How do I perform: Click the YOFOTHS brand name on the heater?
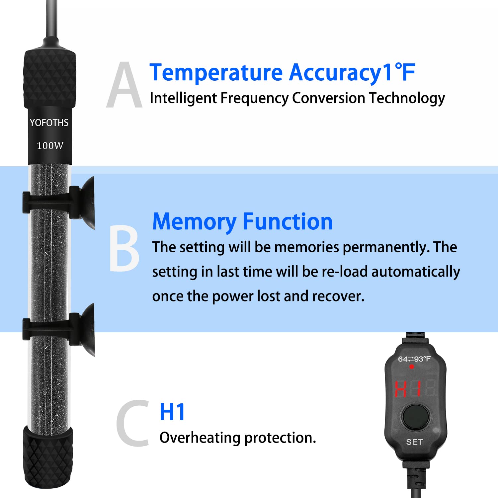tap(49, 123)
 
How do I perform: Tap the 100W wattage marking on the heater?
tap(50, 145)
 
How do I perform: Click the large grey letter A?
tap(124, 86)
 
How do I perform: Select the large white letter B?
tap(124, 248)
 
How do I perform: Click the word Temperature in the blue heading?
tap(216, 73)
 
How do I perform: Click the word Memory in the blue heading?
tap(194, 222)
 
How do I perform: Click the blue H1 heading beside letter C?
tap(172, 412)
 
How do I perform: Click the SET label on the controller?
tap(414, 442)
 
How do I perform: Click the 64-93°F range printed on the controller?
tap(414, 359)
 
